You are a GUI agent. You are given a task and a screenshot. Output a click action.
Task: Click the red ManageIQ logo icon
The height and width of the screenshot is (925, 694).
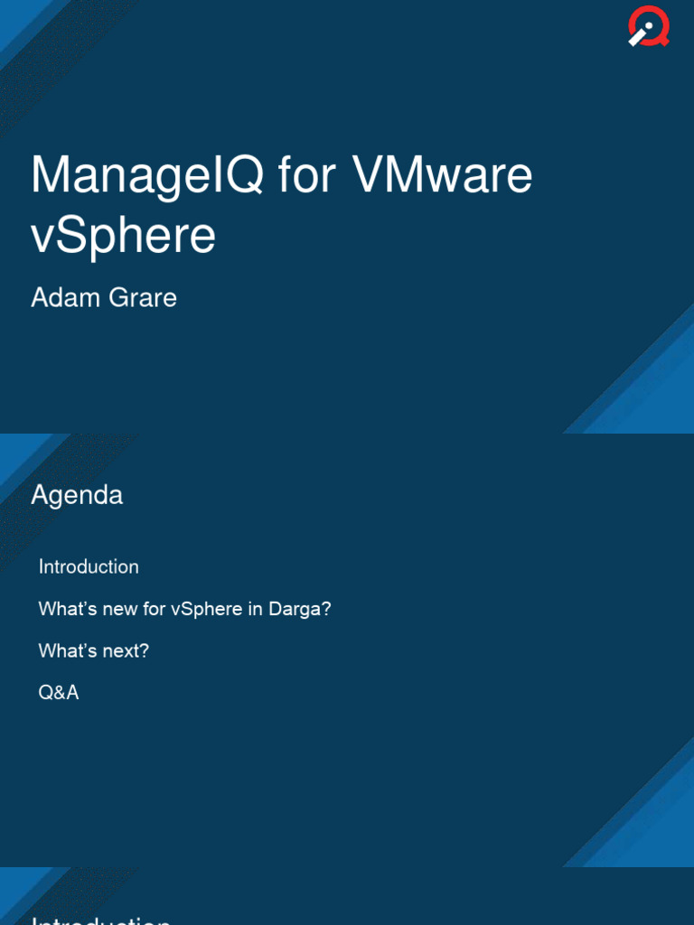[x=649, y=28]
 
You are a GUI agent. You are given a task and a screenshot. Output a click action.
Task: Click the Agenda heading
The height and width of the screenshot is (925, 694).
[x=77, y=495]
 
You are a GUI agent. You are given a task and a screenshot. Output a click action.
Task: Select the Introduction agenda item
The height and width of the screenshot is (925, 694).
[x=89, y=567]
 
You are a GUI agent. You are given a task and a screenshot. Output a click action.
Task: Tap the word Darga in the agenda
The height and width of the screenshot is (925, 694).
[x=300, y=609]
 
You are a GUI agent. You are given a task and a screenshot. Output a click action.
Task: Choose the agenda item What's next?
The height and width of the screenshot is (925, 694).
[x=93, y=650]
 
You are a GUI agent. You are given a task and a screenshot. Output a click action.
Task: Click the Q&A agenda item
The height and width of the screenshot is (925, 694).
[x=59, y=693]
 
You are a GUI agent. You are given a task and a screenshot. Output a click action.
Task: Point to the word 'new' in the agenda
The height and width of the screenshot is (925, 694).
[x=120, y=609]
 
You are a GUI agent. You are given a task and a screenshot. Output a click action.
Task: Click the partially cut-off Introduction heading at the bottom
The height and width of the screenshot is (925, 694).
[x=101, y=918]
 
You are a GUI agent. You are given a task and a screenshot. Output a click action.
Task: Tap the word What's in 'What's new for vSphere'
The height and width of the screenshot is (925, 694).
[x=67, y=609]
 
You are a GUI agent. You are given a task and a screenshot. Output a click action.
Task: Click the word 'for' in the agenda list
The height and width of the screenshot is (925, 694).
[x=155, y=609]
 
